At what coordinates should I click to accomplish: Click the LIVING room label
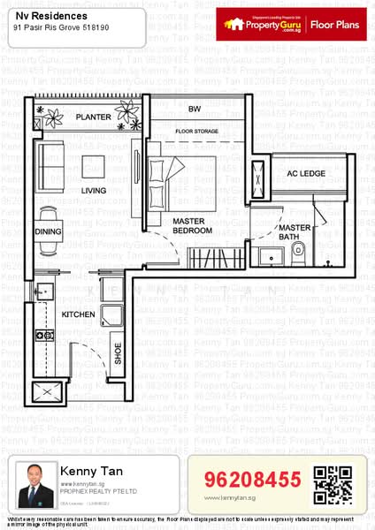point(94,190)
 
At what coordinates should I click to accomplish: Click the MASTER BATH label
point(295,232)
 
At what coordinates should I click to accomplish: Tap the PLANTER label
point(93,117)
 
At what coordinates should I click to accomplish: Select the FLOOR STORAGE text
point(195,131)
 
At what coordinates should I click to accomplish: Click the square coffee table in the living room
point(94,165)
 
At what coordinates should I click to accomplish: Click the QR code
point(333,483)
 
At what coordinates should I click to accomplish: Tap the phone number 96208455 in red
point(252,481)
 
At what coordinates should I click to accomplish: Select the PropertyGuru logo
point(262,25)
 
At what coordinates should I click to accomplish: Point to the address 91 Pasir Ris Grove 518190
point(63,28)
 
